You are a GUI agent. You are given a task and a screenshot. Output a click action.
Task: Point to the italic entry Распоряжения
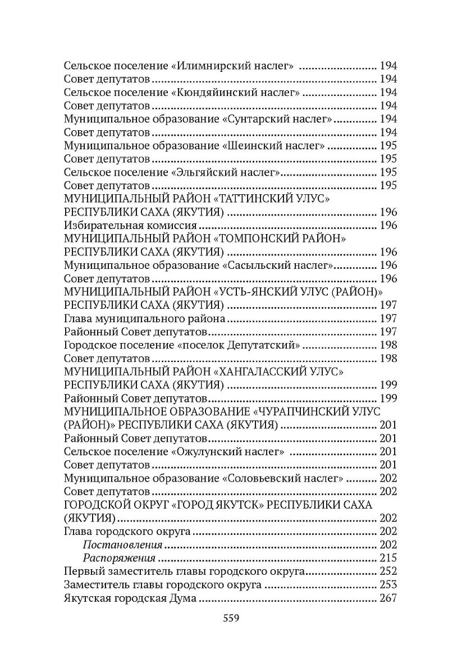119,558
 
